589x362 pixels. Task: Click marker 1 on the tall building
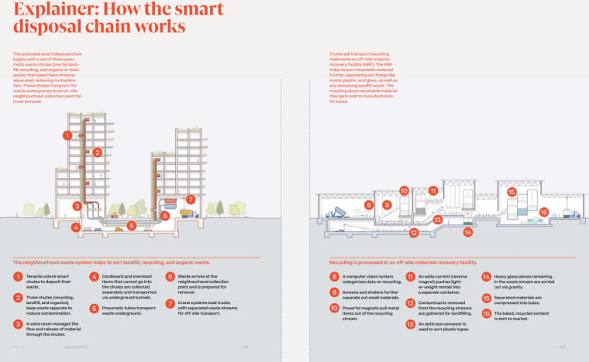[x=68, y=135]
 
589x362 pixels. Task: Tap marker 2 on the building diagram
[x=98, y=152]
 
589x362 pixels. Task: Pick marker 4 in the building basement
[x=75, y=227]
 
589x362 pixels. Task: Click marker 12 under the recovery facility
[x=414, y=232]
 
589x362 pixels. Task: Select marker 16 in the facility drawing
[x=543, y=212]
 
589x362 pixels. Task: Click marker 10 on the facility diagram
[x=404, y=190]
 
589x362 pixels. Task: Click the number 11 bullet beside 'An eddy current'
[x=410, y=276]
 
